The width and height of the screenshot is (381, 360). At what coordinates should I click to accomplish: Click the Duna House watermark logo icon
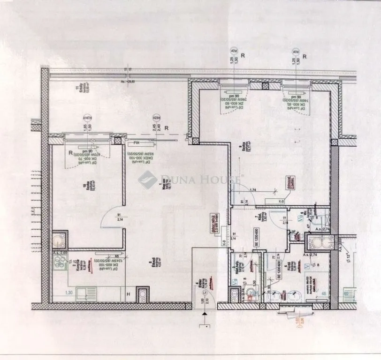pyautogui.click(x=148, y=179)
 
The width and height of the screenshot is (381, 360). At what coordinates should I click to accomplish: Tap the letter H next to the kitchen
pyautogui.click(x=128, y=294)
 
